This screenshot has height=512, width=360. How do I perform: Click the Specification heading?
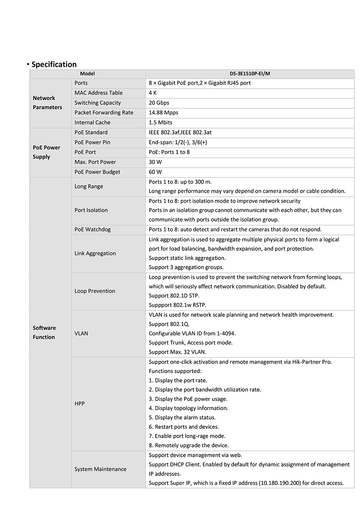(54, 64)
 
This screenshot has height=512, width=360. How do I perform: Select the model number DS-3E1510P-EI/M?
(250, 74)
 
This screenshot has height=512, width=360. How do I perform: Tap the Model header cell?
(87, 74)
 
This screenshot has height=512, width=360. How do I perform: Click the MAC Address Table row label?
(98, 93)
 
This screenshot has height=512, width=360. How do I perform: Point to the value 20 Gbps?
(157, 103)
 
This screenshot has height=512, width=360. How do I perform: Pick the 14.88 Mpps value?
(163, 113)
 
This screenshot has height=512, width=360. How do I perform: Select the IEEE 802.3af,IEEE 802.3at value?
(183, 132)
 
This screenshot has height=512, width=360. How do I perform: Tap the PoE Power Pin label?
(92, 142)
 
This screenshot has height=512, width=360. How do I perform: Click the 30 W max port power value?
(155, 162)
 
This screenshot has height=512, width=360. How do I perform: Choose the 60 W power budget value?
(155, 172)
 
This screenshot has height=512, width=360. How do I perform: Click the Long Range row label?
(89, 186)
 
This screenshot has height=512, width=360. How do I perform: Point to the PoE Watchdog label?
(92, 230)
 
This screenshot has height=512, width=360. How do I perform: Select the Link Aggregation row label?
(95, 253)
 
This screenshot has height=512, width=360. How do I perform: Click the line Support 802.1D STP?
(174, 296)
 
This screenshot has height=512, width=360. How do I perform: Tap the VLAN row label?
(81, 333)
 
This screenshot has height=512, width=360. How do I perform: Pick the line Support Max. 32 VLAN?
(178, 352)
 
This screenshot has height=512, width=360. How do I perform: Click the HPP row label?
(80, 404)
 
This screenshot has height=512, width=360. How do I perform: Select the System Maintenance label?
(100, 469)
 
